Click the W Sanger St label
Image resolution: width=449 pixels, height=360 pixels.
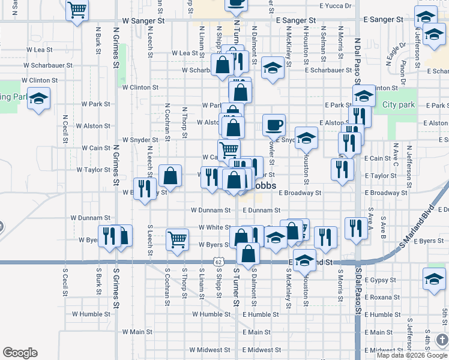coord(143,20)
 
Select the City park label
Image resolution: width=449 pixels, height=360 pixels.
coord(399,105)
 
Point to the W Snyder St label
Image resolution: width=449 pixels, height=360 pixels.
coord(140,140)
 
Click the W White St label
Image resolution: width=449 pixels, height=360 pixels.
coord(211,228)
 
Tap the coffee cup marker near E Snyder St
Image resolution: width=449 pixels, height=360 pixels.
coord(274,125)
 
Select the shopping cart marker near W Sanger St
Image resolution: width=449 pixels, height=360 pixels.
coord(77,11)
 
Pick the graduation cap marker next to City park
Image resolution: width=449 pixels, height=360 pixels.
coord(364,96)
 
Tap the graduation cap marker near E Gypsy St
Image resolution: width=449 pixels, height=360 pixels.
coord(434,279)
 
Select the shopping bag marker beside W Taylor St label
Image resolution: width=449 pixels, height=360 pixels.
coord(170,176)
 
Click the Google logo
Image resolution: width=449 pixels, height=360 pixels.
coord(20,353)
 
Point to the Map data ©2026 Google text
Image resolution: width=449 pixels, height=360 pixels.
coord(411,355)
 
